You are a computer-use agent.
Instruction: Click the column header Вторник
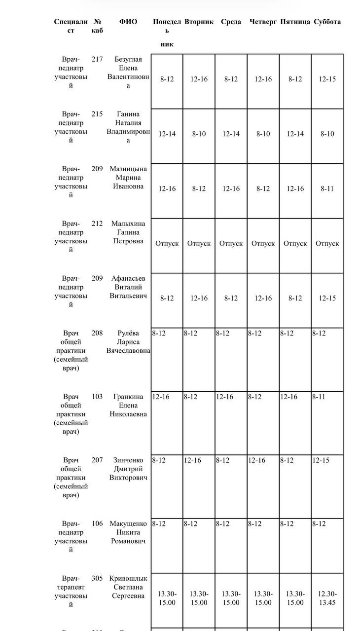[x=199, y=22]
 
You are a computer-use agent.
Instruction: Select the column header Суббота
[x=327, y=22]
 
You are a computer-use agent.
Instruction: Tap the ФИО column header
[x=128, y=22]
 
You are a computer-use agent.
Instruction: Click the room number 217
[x=97, y=59]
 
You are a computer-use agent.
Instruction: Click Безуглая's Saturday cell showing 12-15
[x=327, y=79]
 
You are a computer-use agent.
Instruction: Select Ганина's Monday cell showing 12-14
[x=167, y=134]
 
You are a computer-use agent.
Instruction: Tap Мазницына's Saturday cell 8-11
[x=327, y=188]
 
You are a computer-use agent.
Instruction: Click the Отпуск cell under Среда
[x=231, y=243]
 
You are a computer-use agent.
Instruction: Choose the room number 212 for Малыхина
[x=97, y=223]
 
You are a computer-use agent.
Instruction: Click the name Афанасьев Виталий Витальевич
[x=128, y=287]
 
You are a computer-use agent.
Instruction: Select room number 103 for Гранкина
[x=97, y=397]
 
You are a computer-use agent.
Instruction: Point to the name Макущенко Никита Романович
[x=128, y=532]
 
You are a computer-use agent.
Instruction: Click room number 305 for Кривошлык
[x=97, y=578]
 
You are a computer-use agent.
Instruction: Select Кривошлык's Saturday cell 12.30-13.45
[x=327, y=598]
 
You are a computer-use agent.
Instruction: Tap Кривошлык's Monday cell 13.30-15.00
[x=167, y=598]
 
